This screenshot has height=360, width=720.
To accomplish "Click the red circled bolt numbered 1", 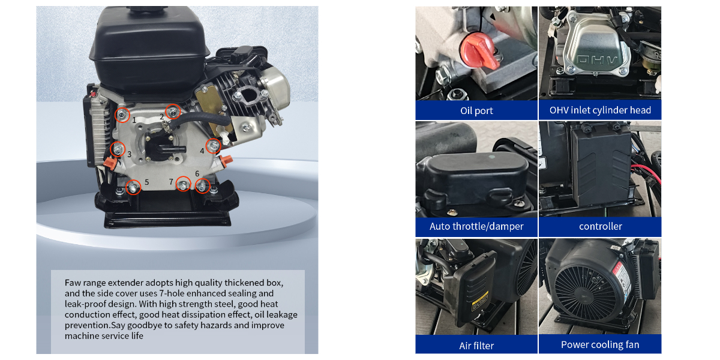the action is pos(122,115).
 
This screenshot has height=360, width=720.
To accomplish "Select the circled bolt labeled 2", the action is pos(173,112).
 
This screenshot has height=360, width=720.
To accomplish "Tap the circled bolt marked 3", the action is pos(118,149).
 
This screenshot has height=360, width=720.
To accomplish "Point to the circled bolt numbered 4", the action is pos(213,146).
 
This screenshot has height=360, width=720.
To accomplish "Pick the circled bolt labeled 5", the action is pos(133,187).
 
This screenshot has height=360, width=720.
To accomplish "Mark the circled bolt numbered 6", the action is pos(203,186).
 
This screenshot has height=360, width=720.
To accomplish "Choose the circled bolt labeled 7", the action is pos(183,184).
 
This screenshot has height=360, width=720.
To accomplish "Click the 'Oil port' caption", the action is pos(476,110).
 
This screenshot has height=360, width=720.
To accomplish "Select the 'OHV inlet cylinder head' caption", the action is pos(600,110).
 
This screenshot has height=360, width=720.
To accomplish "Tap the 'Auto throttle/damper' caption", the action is pos(476,226).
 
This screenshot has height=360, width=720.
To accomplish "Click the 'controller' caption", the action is pos(600,226).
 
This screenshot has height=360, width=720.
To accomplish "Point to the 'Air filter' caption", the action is pos(476,346).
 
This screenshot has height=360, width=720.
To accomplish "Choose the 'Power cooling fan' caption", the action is pos(600,344).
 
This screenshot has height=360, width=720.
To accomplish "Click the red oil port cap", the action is pos(478,51).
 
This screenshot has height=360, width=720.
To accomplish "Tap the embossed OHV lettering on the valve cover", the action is pos(596,60).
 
